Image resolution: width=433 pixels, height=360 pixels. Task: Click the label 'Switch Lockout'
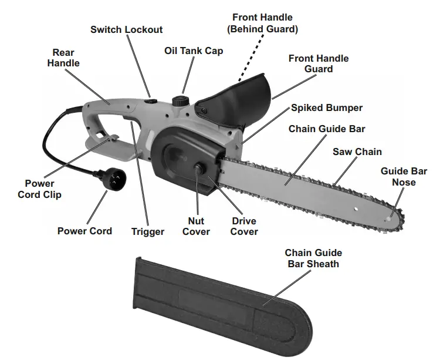pyautogui.click(x=126, y=29)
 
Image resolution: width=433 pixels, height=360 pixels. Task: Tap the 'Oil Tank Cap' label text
pyautogui.click(x=194, y=51)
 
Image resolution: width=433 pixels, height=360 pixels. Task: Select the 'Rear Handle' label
pyautogui.click(x=63, y=58)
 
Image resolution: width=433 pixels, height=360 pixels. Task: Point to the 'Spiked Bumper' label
pyautogui.click(x=327, y=108)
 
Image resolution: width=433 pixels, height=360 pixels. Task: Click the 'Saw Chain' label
pyautogui.click(x=357, y=152)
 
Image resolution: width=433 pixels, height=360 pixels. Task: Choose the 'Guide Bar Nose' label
pyautogui.click(x=404, y=177)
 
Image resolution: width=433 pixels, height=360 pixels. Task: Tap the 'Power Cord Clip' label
pyautogui.click(x=39, y=189)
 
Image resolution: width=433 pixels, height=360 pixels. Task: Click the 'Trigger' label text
pyautogui.click(x=148, y=231)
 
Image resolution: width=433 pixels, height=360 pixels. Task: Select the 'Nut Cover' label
pyautogui.click(x=196, y=226)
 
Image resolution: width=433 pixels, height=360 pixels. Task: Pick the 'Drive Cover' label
pyautogui.click(x=244, y=226)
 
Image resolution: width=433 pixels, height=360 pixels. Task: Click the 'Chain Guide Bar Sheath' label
pyautogui.click(x=313, y=258)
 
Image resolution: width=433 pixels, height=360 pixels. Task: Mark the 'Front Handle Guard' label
pyautogui.click(x=319, y=63)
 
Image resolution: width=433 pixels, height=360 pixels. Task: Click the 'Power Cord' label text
pyautogui.click(x=84, y=231)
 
